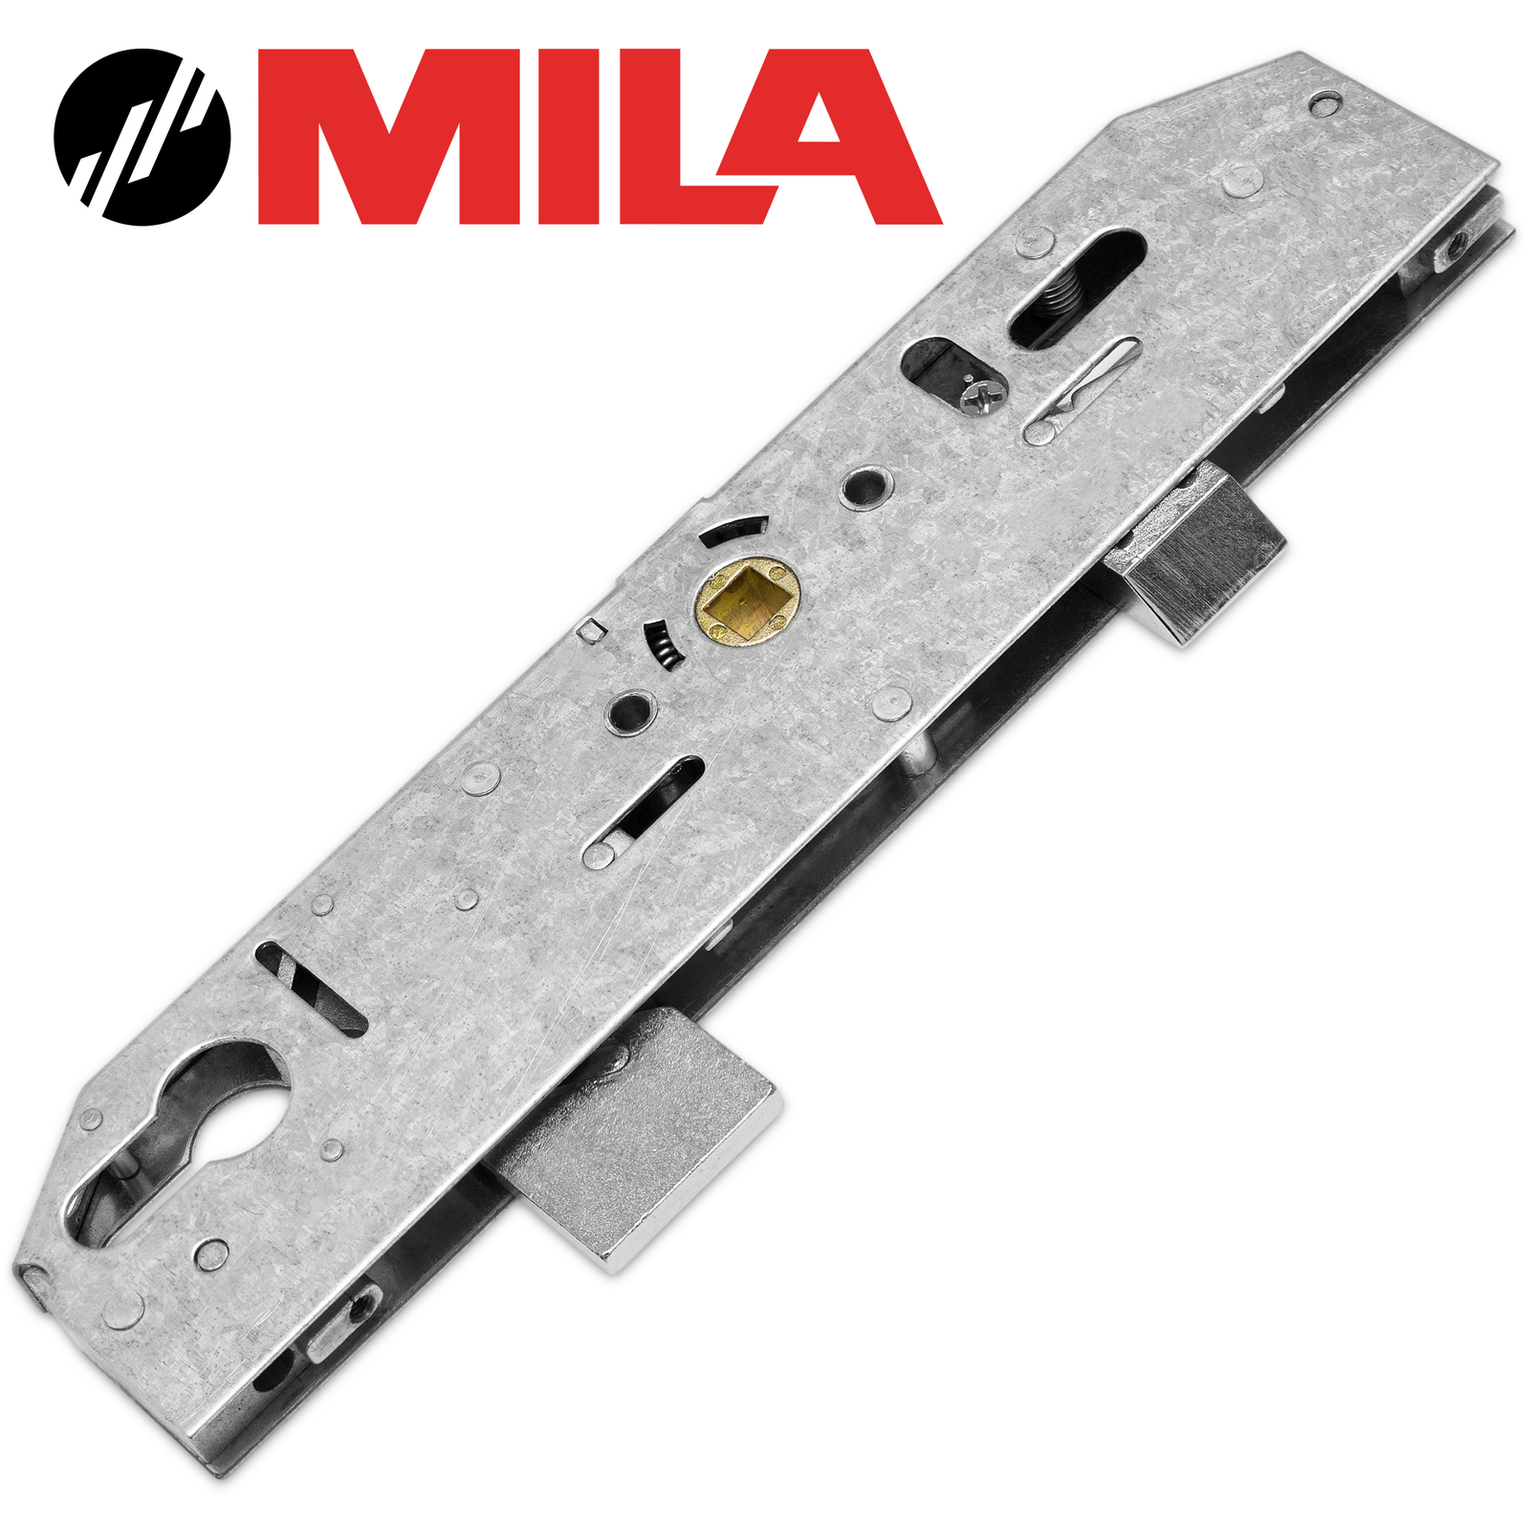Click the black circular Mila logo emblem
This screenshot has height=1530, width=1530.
[x=142, y=137]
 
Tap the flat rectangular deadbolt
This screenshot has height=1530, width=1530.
[x=650, y=1128]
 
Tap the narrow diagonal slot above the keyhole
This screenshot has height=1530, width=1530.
[x=313, y=989]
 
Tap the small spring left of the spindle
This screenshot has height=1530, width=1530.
[x=659, y=645]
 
